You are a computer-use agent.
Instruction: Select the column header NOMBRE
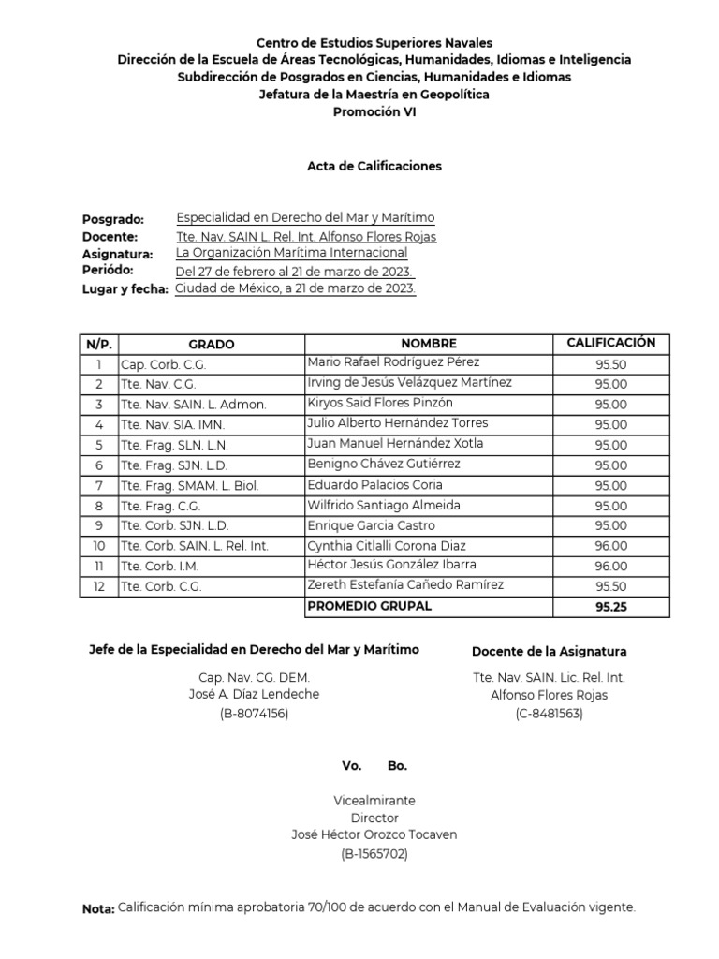point(429,344)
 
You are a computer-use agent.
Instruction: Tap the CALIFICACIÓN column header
point(611,343)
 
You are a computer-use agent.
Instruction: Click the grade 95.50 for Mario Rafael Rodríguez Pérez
point(611,364)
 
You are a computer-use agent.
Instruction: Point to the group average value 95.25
point(611,607)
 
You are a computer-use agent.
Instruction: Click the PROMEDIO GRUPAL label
point(370,606)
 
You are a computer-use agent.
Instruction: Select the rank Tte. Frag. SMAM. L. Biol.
point(189,485)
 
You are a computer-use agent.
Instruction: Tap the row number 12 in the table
point(98,586)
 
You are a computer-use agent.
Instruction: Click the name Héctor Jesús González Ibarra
point(391,565)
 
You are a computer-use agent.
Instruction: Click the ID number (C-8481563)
point(549,714)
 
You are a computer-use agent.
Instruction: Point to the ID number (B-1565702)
point(374,853)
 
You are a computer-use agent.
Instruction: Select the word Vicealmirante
point(374,801)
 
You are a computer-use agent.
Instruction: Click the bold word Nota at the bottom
point(97,908)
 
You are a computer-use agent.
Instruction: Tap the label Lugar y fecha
point(125,289)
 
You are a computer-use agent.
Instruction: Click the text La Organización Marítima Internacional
point(291,253)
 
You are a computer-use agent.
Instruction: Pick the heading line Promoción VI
point(374,111)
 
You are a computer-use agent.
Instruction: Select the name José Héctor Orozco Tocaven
point(374,835)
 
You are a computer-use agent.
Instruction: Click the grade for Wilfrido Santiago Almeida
point(611,506)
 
